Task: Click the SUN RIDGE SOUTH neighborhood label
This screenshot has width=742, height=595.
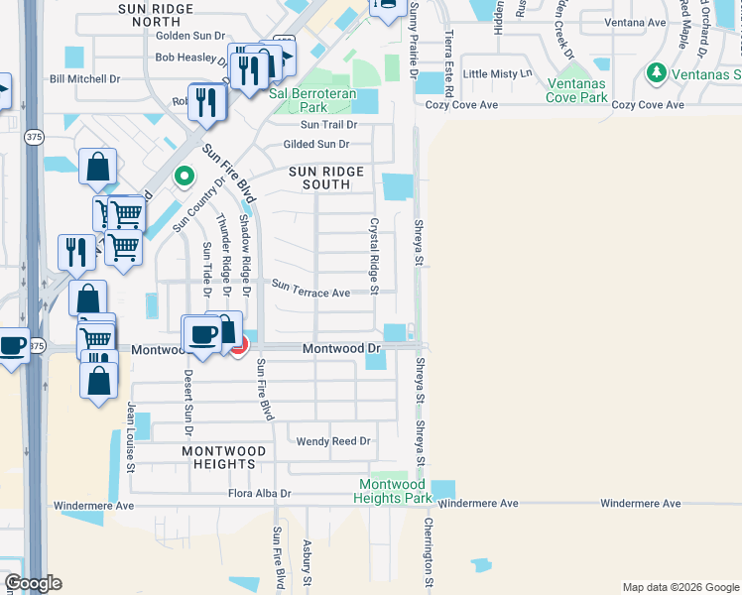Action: pos(325,178)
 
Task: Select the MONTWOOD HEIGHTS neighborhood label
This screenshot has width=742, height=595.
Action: pos(223,457)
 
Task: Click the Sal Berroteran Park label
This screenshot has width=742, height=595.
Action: pos(310,100)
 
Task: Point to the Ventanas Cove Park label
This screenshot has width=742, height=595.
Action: pos(589,90)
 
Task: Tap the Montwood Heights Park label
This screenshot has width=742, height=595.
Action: pos(393,491)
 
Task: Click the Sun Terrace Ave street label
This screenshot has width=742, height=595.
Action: pos(311,293)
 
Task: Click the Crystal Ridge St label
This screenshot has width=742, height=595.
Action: pos(374,256)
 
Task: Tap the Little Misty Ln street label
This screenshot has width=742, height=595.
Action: pos(498,73)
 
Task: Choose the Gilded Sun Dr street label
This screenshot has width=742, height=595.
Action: pos(316,145)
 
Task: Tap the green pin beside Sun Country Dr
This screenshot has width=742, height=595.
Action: pos(184,178)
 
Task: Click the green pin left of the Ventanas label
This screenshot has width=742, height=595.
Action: pos(655,72)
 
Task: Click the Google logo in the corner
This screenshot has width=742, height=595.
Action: pos(33,583)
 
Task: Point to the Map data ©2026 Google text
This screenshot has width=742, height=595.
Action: pos(679,587)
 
